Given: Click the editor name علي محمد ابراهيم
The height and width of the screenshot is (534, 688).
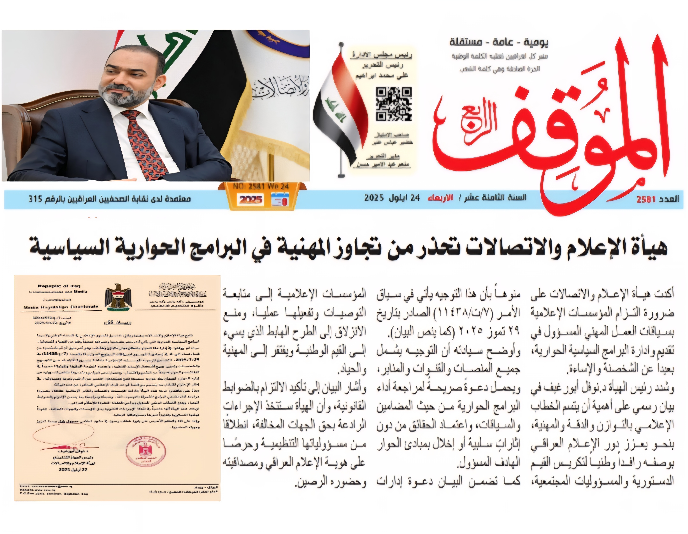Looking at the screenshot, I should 382,76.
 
